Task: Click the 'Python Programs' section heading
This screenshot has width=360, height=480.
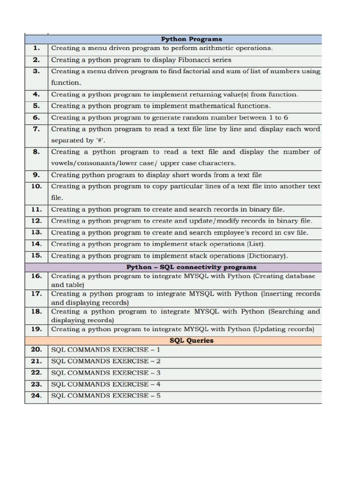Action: click(192, 39)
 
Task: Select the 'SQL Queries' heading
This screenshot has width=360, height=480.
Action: click(191, 341)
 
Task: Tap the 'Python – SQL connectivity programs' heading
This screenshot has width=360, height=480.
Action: click(191, 267)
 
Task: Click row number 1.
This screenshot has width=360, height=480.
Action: click(37, 48)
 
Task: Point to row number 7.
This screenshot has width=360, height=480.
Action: click(37, 129)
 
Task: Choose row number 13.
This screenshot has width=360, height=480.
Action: click(37, 232)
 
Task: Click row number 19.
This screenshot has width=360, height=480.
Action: click(37, 329)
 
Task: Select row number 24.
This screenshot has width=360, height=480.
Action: click(37, 396)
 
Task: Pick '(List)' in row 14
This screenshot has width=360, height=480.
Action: click(256, 244)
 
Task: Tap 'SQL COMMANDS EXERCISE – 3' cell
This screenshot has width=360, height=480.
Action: click(106, 373)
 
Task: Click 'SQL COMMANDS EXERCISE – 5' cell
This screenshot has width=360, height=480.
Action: click(106, 396)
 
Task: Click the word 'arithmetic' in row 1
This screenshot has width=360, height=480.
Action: click(208, 48)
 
